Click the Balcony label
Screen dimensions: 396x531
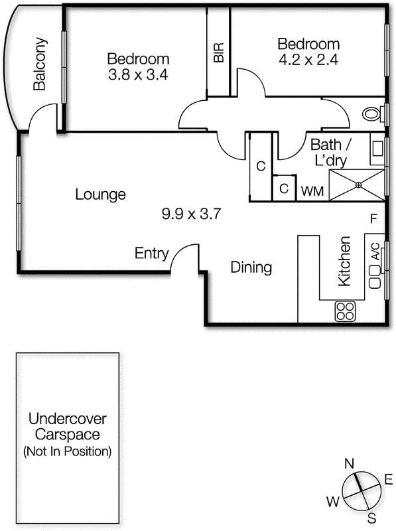coord(40,64)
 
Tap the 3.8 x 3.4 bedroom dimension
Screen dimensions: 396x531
coord(138,75)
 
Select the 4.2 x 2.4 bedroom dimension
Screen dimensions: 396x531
coord(308,60)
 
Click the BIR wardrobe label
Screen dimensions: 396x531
coord(219,52)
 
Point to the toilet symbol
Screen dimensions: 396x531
coord(371,114)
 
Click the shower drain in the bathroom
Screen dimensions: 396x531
coord(358,185)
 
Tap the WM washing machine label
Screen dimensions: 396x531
coord(312,191)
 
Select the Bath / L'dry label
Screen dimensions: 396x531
coord(330,153)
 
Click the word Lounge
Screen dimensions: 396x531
coord(100,194)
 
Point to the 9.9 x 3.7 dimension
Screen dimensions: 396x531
coord(191,214)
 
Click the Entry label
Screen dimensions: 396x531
coord(151,254)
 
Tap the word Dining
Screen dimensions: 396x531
coord(251,267)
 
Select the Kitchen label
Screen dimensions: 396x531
coord(344,261)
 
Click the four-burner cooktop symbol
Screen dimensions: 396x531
coord(345,311)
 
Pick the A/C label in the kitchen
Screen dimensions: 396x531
coord(375,252)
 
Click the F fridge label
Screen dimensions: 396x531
coord(373,219)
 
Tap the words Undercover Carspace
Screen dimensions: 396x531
coord(68,427)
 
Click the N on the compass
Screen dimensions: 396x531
coord(349,463)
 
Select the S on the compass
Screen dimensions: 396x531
coord(371,518)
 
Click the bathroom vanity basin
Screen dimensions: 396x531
coord(377,149)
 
